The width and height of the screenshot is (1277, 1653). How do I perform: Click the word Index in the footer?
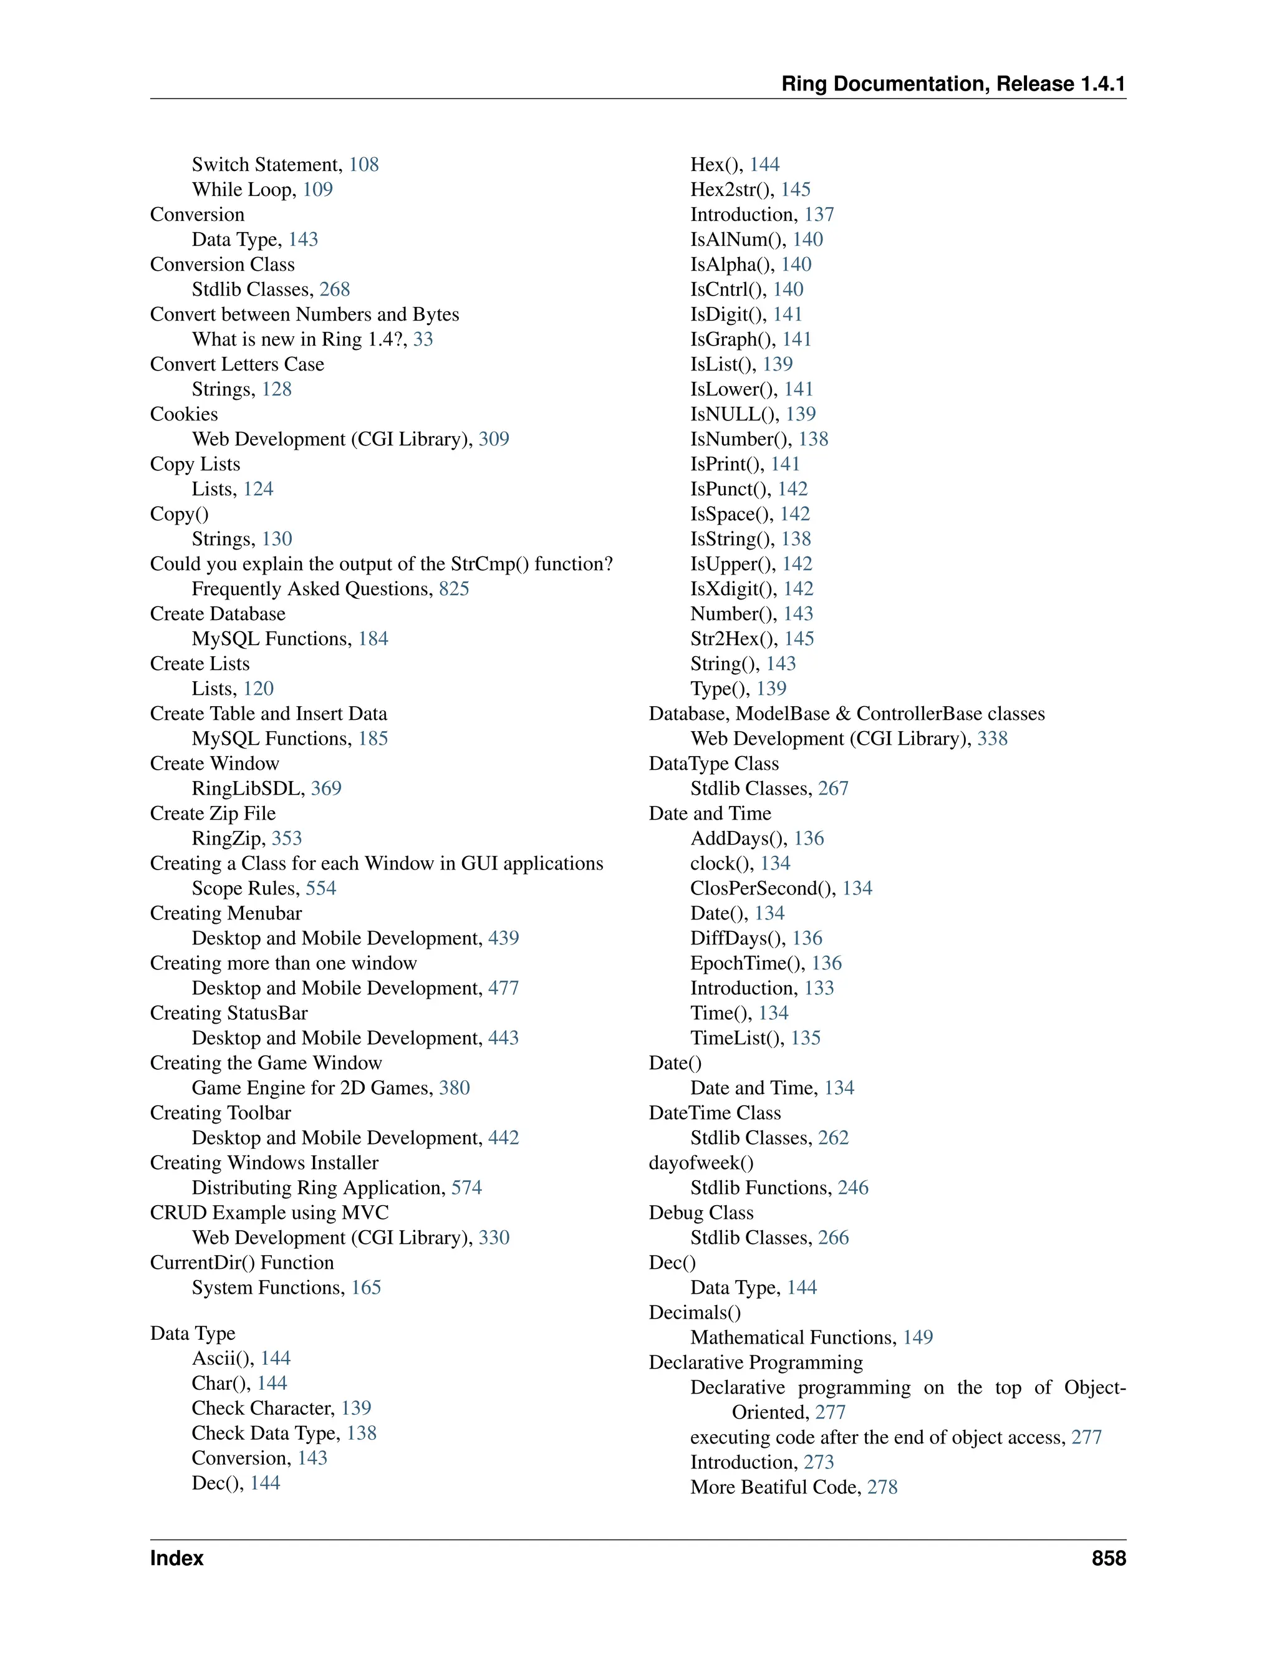click(x=177, y=1558)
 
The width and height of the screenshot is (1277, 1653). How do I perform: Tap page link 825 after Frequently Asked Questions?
click(x=454, y=589)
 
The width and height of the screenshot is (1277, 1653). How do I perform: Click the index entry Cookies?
click(x=184, y=414)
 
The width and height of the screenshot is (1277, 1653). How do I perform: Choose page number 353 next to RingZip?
click(x=287, y=838)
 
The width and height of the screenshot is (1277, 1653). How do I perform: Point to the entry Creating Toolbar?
click(x=220, y=1113)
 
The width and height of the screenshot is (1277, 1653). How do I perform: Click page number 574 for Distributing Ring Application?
click(x=467, y=1188)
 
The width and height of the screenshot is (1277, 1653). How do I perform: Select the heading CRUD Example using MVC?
click(x=269, y=1213)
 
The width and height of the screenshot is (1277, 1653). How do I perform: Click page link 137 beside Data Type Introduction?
click(x=819, y=214)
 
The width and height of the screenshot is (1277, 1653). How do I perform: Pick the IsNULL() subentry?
click(x=734, y=414)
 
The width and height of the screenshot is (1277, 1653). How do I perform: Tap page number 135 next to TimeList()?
click(x=806, y=1038)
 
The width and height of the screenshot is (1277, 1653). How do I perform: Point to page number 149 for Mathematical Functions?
click(x=918, y=1337)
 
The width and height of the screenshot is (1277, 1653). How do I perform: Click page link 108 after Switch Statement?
click(x=364, y=164)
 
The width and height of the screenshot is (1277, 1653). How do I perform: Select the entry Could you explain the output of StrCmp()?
click(x=381, y=564)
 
